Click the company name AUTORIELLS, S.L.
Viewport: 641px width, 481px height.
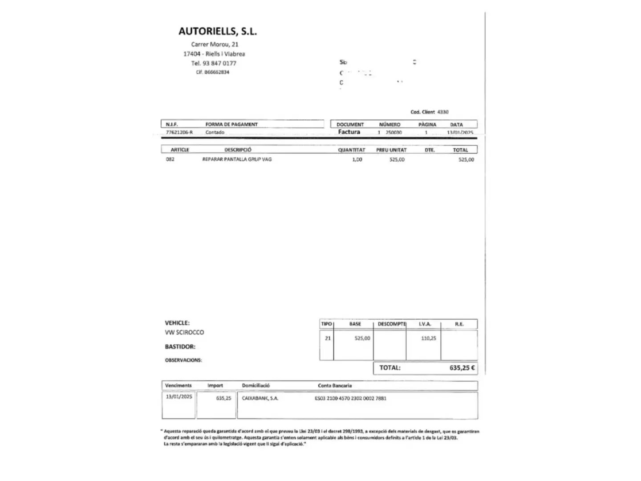coord(218,31)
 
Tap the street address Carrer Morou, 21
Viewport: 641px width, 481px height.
coord(215,44)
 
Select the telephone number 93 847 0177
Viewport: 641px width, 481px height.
coord(219,63)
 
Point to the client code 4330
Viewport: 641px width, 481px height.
coord(443,112)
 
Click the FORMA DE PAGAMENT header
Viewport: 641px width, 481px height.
coord(231,124)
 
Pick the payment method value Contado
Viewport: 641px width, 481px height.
coord(215,132)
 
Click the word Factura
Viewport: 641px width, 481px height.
coord(349,132)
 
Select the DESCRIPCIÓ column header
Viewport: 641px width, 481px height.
coord(238,150)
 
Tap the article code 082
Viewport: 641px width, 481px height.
coord(170,159)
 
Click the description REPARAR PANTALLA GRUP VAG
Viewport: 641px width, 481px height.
coord(237,159)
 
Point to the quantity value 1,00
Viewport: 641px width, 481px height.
coord(357,159)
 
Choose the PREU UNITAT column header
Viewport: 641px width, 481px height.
coord(391,150)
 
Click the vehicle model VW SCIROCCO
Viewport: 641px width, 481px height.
coord(184,332)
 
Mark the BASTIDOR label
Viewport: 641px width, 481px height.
coord(180,346)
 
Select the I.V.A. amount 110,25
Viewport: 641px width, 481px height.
coord(429,338)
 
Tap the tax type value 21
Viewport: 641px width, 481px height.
coord(328,338)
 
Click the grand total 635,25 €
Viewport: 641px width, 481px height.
coord(462,368)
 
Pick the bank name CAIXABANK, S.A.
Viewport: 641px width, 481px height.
coord(260,398)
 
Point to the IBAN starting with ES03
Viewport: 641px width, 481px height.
coord(350,398)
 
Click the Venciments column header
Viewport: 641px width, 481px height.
coord(178,386)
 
